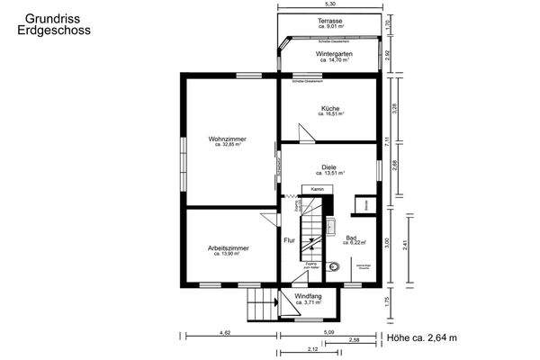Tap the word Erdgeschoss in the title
[x=52, y=30]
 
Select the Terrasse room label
[x=329, y=20]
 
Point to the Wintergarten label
[x=332, y=54]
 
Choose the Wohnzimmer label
[x=227, y=139]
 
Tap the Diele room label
[x=329, y=166]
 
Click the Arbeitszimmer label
[x=228, y=247]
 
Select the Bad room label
[x=350, y=238]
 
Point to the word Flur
[x=289, y=241]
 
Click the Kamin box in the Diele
[x=317, y=190]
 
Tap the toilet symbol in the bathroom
[x=335, y=265]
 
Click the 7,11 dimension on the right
[x=386, y=139]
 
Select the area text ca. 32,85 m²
[x=227, y=146]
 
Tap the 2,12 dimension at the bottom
[x=311, y=348]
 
